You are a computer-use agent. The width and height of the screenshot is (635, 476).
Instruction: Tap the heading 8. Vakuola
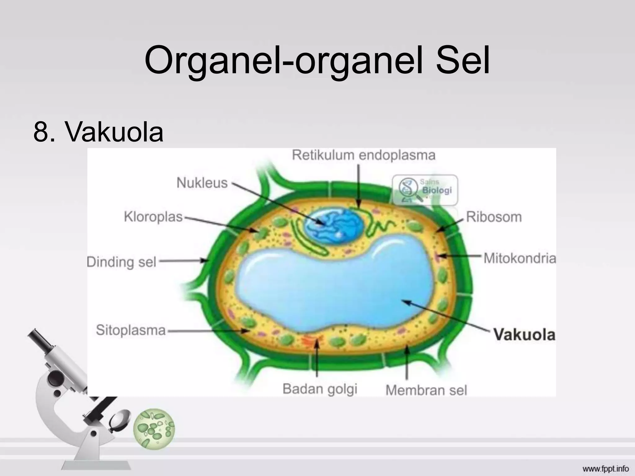(x=98, y=132)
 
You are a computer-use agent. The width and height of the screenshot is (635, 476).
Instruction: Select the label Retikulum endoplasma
(x=363, y=155)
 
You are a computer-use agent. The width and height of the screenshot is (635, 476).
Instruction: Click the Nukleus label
(x=202, y=183)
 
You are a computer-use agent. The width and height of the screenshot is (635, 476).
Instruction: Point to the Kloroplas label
(x=153, y=217)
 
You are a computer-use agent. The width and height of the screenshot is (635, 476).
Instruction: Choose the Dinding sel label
(x=121, y=262)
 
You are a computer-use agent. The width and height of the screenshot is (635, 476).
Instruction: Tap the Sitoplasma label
(x=131, y=330)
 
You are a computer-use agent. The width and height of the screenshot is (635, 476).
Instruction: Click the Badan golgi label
(x=320, y=389)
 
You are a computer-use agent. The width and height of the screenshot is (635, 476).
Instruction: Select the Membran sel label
(x=426, y=390)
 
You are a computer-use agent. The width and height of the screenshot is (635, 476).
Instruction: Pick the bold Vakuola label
(x=524, y=335)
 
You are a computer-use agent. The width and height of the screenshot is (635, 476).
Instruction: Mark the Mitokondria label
(x=520, y=258)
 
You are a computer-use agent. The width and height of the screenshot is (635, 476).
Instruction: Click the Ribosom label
(x=494, y=217)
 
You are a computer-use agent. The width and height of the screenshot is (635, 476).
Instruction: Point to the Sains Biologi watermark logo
(x=425, y=190)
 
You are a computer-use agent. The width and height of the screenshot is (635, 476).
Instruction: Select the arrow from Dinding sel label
(x=183, y=261)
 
